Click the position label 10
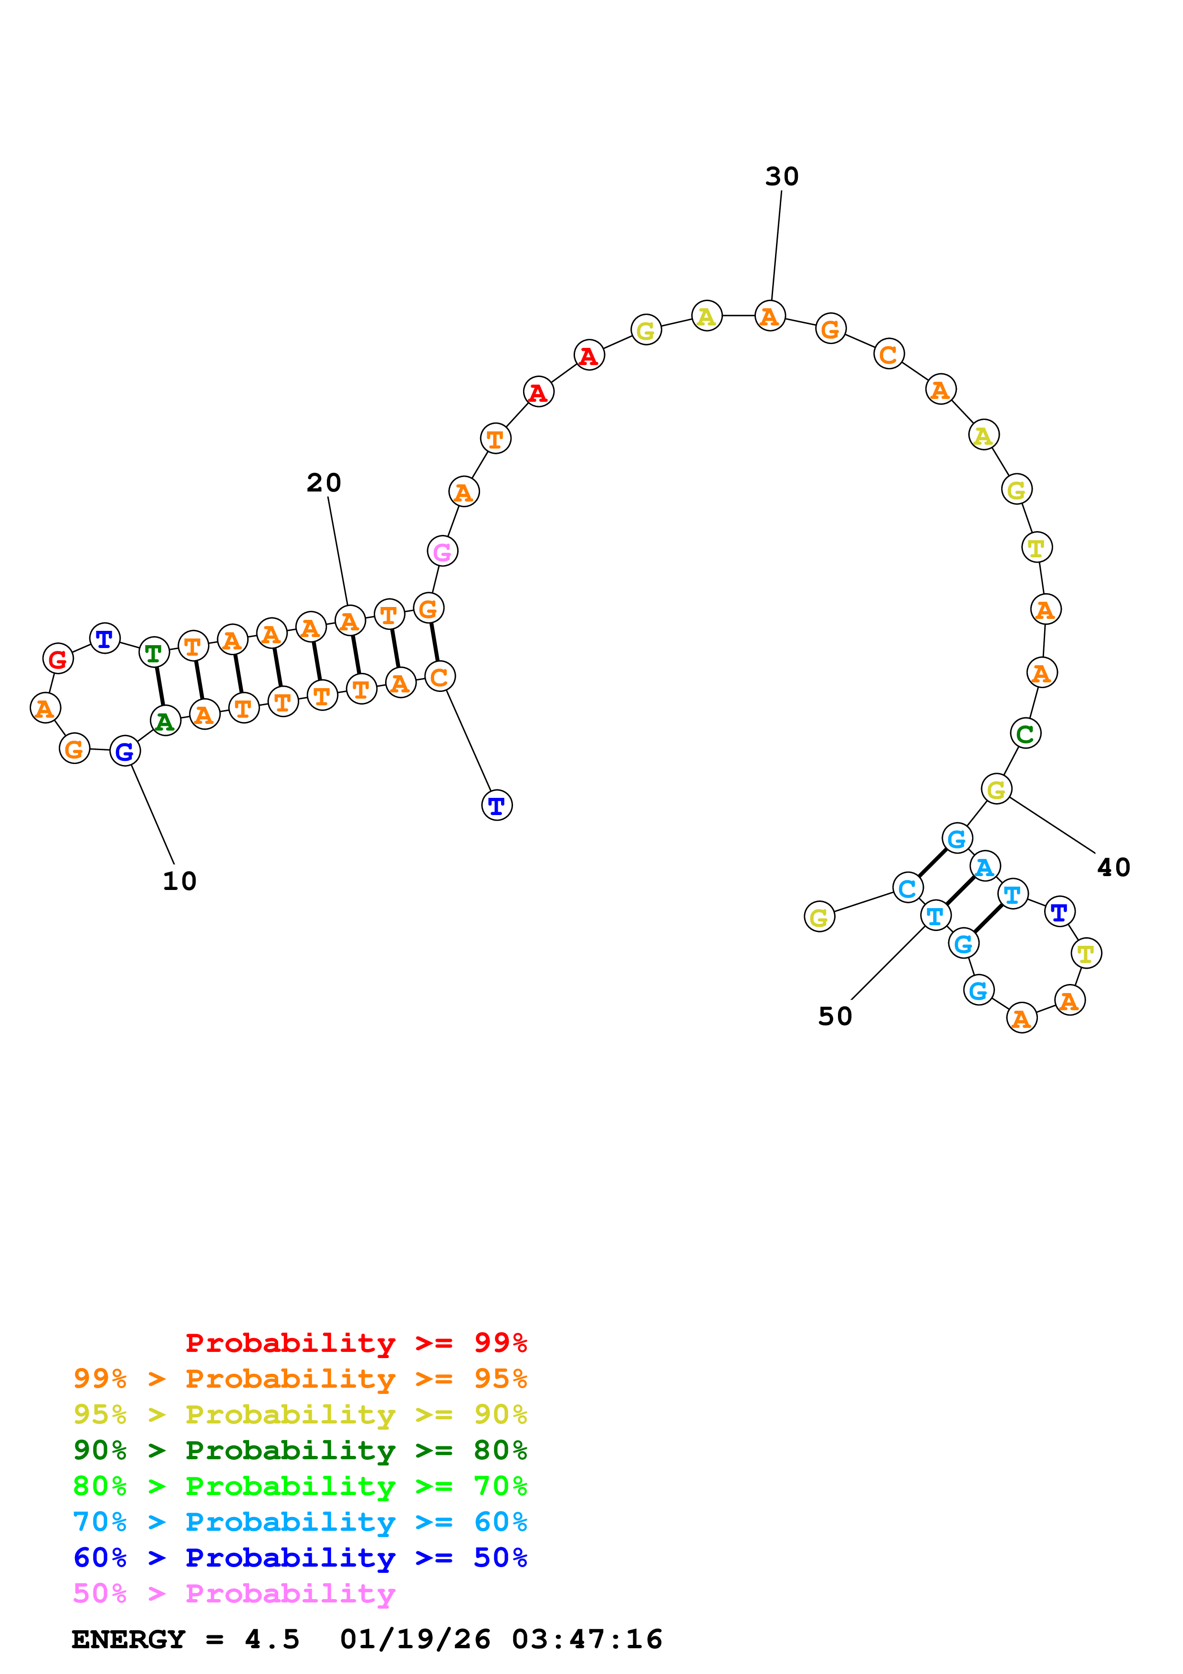click(x=179, y=881)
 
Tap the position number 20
click(x=324, y=482)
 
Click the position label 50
click(x=835, y=1016)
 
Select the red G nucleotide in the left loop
click(x=58, y=659)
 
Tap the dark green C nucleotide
click(x=1025, y=733)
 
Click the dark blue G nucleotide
click(x=125, y=752)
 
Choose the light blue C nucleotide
click(x=908, y=888)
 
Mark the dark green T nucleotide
click(x=154, y=652)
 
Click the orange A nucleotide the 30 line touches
click(x=770, y=316)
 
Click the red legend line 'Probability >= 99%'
click(x=356, y=1343)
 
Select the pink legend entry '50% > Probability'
click(x=234, y=1594)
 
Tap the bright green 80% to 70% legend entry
click(x=300, y=1486)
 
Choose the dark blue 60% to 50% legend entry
click(x=300, y=1558)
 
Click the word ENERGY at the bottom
click(x=128, y=1640)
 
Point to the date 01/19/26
click(x=415, y=1640)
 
